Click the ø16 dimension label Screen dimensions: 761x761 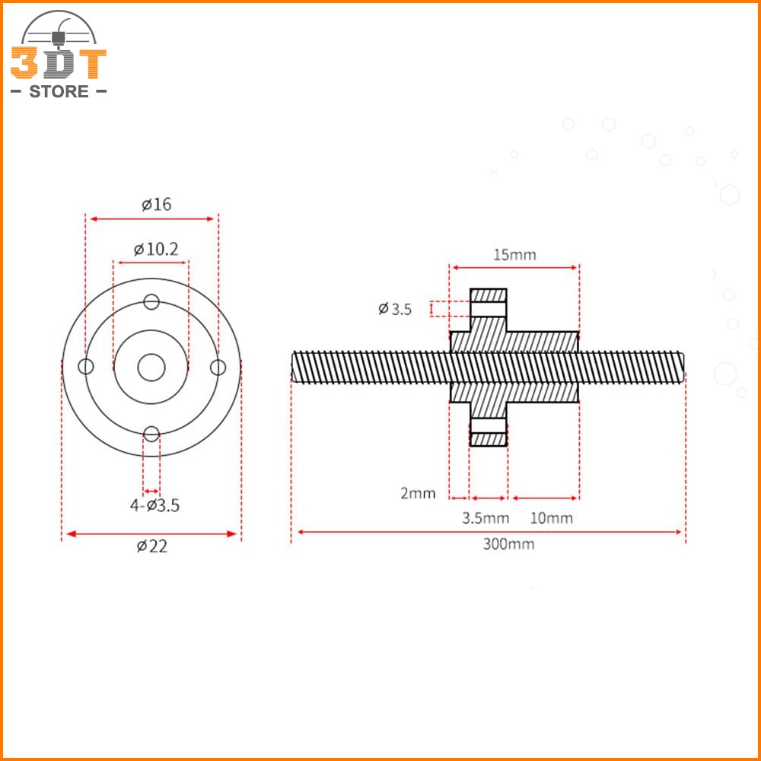coord(156,204)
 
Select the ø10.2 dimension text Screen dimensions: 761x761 coord(156,249)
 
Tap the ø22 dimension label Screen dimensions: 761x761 coord(151,546)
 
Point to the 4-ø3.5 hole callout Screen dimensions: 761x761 coord(154,505)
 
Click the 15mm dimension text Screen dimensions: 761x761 coord(514,254)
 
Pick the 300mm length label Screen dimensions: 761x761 coord(508,543)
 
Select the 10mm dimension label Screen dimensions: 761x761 coord(551,518)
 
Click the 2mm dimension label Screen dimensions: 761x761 coord(418,493)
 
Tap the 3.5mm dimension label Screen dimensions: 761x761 coord(486,518)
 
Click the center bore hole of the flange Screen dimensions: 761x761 coord(151,368)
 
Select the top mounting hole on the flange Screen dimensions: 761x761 coord(151,301)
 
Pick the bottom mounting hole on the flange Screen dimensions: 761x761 coord(151,434)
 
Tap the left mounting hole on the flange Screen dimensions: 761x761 coord(86,368)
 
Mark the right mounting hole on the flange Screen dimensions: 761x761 coord(218,368)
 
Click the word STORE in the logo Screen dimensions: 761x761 coord(59,92)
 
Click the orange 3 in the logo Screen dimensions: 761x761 coord(24,64)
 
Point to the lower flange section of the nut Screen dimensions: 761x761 coord(488,431)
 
